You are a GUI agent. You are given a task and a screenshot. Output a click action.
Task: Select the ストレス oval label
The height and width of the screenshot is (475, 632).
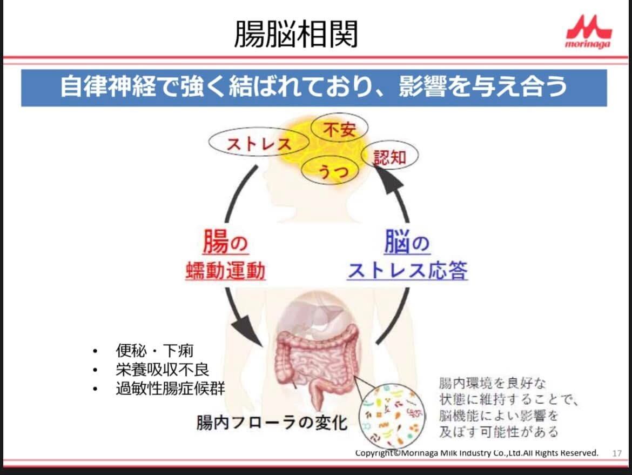pyautogui.click(x=259, y=143)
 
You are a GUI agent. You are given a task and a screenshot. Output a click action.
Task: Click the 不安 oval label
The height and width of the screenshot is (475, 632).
pyautogui.click(x=339, y=129)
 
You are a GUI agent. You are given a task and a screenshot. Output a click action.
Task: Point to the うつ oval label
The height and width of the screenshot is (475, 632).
pyautogui.click(x=331, y=172)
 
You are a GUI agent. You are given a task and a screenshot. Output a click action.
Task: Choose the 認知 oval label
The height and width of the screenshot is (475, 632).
pyautogui.click(x=389, y=157)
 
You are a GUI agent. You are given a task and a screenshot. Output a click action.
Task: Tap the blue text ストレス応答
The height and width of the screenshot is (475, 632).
pyautogui.click(x=407, y=270)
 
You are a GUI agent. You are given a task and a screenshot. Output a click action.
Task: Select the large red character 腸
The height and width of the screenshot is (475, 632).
pyautogui.click(x=215, y=241)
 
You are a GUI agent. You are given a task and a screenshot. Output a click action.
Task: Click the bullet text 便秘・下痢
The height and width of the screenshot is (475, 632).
pyautogui.click(x=154, y=351)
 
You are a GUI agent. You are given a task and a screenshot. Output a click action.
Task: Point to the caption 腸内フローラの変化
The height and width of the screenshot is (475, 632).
pyautogui.click(x=272, y=422)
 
